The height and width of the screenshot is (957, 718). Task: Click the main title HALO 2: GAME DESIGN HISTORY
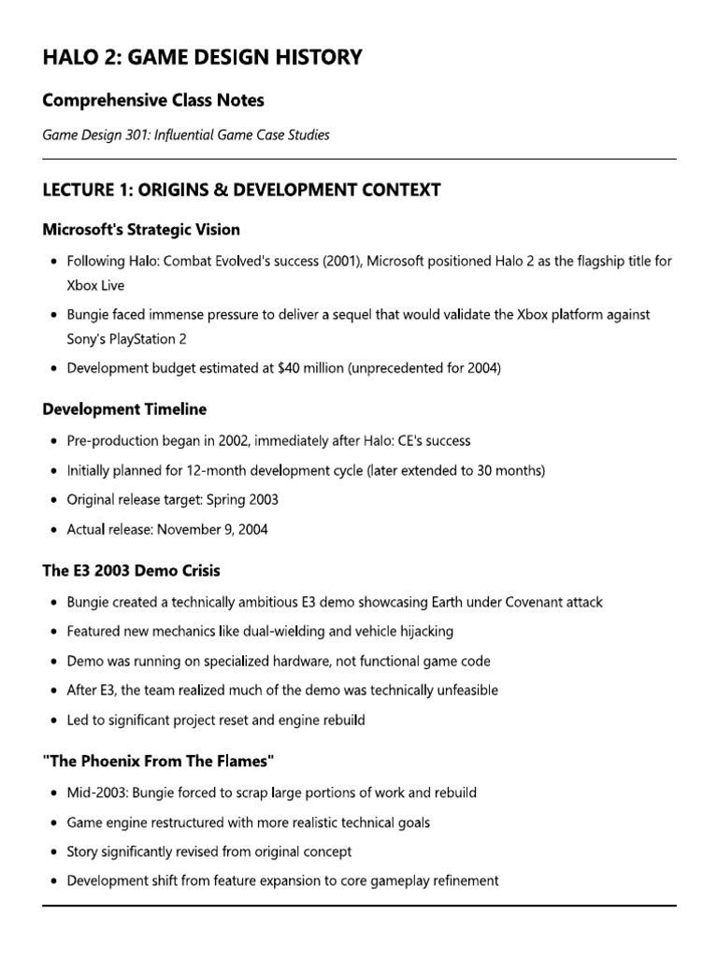pos(202,58)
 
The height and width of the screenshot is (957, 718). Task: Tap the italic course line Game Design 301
pos(186,135)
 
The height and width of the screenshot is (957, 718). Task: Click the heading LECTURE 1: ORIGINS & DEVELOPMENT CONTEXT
pos(241,191)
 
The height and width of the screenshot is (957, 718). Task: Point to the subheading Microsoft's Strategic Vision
pos(141,229)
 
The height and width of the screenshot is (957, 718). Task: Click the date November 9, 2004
pos(211,529)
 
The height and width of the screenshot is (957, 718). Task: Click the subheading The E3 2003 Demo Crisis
pos(132,570)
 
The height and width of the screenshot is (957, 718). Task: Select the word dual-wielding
pos(271,631)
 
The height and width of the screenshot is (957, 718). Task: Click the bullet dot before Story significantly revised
pos(55,852)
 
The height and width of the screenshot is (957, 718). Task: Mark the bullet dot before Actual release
pos(55,530)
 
